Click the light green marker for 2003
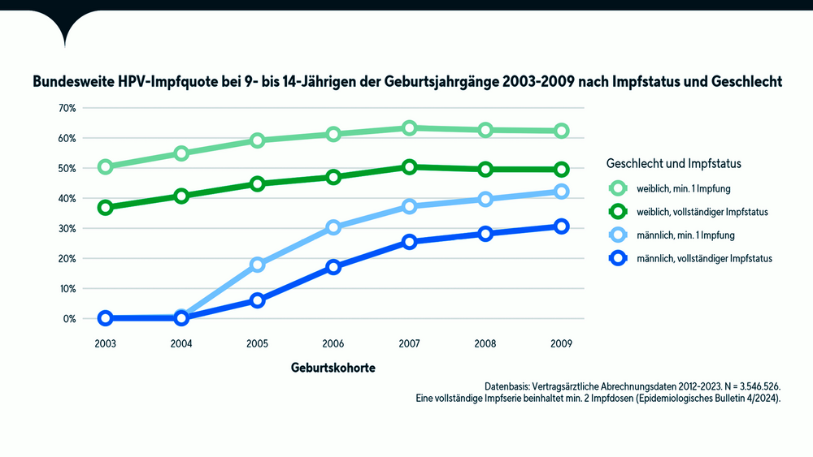[x=105, y=166]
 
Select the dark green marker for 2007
[x=409, y=167]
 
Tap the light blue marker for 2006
[x=333, y=227]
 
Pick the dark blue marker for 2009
[x=561, y=226]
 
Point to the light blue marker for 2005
[x=258, y=265]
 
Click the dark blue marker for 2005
[x=258, y=300]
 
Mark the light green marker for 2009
[x=561, y=131]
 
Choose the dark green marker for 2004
[x=181, y=196]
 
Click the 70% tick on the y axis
[x=67, y=108]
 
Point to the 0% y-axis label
[x=69, y=318]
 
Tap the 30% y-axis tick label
[x=67, y=228]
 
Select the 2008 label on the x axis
[x=485, y=343]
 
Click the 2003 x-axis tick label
[x=105, y=343]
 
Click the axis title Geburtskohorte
[x=333, y=368]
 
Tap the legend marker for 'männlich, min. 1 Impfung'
[x=618, y=235]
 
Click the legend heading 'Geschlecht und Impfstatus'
[x=674, y=163]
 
